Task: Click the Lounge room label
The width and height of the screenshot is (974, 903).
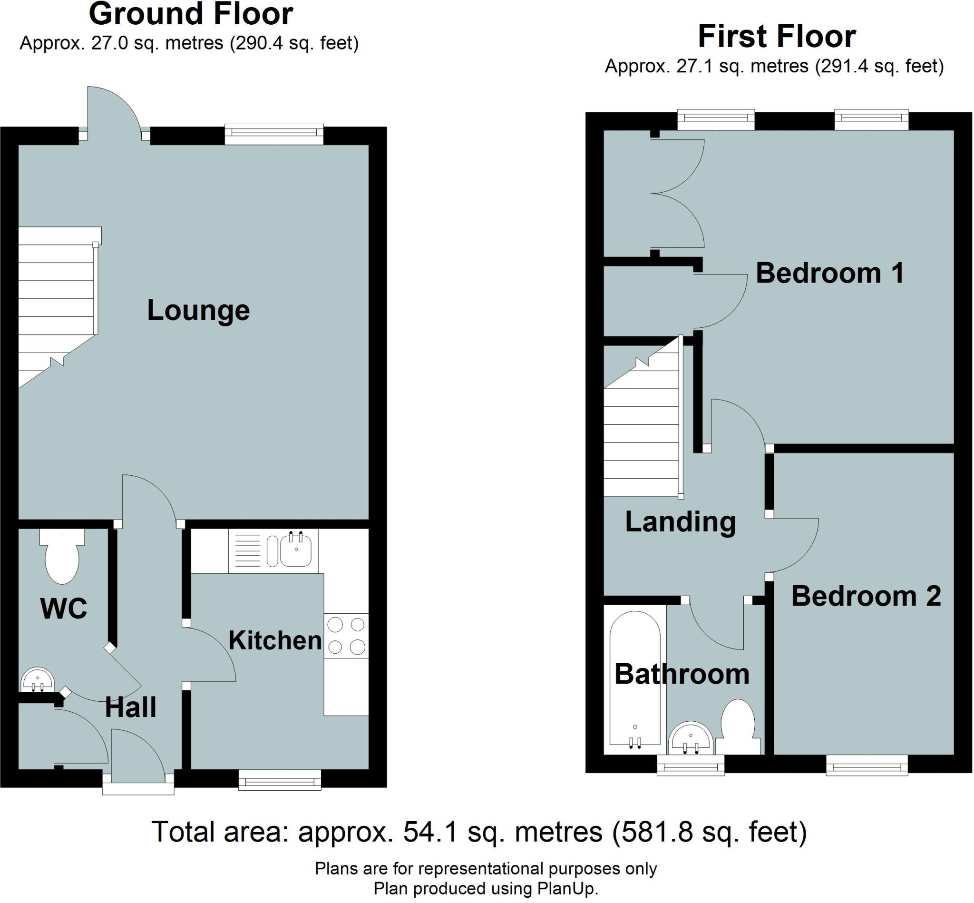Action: [x=198, y=310]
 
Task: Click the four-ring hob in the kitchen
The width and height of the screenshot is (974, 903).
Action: [x=346, y=636]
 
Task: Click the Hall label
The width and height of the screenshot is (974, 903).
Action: [x=130, y=707]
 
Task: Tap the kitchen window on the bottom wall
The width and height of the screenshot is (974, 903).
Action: [x=280, y=780]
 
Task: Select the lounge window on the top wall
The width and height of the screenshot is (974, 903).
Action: [x=274, y=134]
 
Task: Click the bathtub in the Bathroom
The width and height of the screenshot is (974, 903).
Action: [x=635, y=681]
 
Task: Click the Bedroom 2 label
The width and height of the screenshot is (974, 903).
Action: [x=866, y=596]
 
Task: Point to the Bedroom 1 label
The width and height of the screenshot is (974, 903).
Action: [x=830, y=273]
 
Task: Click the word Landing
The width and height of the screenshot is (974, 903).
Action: [x=681, y=522]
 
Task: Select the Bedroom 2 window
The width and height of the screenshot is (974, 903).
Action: [x=867, y=765]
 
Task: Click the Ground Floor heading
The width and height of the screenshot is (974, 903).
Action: [x=191, y=14]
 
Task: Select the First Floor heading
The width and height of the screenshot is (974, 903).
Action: [x=777, y=36]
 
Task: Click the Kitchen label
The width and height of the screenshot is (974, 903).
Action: [x=275, y=640]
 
